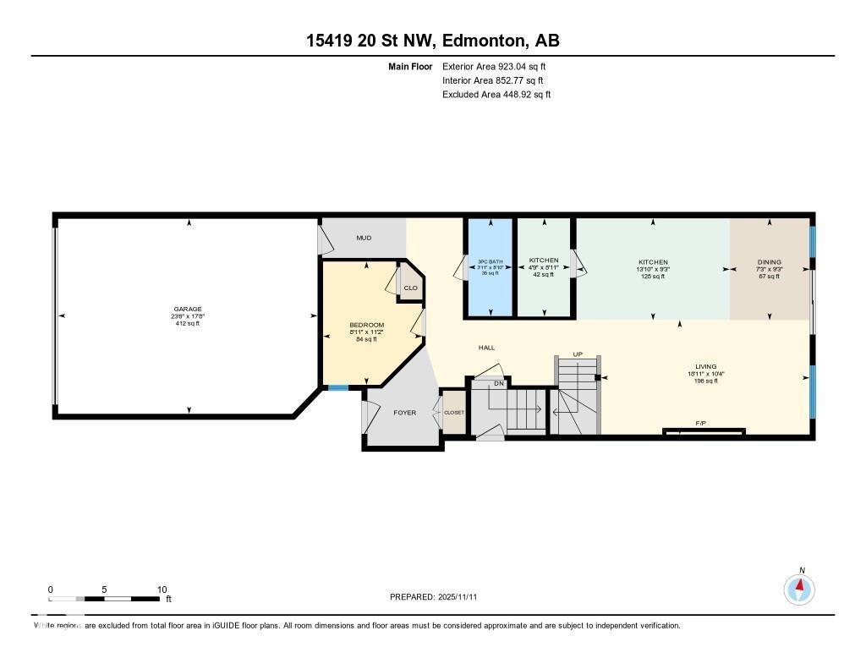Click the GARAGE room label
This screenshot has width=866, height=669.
coord(189,309)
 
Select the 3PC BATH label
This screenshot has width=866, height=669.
coord(489,260)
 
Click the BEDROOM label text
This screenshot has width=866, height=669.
coord(367,325)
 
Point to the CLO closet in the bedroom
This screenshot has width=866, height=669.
coord(410,288)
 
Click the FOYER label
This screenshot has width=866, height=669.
coord(405,413)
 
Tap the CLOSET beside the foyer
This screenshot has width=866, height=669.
coord(454,413)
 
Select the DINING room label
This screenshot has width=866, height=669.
coord(769,262)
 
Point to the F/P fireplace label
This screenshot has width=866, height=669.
coord(701,423)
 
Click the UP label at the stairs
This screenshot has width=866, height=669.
coord(578,354)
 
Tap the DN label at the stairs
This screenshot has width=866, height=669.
coord(499,382)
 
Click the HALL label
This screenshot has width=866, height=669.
coord(486,348)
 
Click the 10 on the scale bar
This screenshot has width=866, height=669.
coord(162,589)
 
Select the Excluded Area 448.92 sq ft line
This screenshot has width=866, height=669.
coord(496,95)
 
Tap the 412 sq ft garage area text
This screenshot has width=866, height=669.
coord(189,323)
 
